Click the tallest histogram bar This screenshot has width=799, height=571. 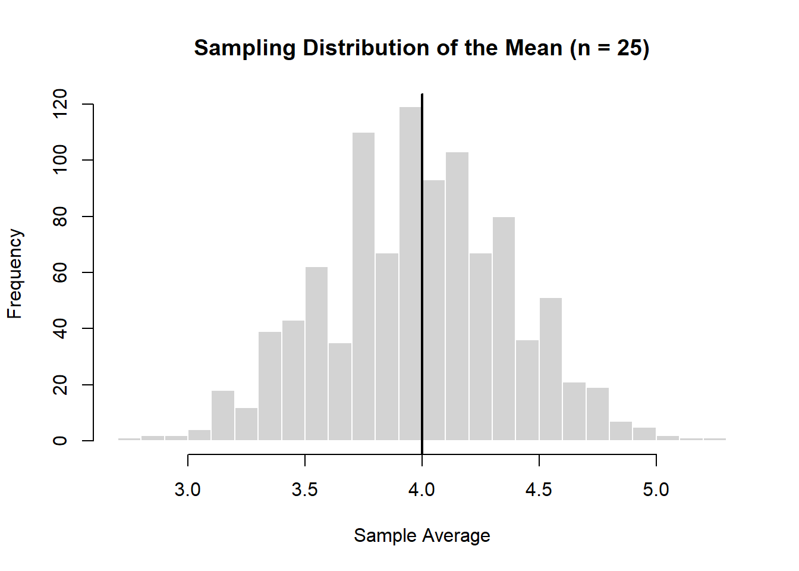410,274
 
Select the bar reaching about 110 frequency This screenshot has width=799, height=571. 363,285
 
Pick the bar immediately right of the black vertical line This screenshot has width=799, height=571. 434,309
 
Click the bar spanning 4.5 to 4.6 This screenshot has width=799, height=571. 551,369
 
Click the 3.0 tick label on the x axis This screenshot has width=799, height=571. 188,490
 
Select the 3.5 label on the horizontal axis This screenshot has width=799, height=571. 305,490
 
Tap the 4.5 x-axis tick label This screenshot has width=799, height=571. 539,490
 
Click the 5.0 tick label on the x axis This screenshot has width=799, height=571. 656,490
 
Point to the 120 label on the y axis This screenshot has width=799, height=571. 60,104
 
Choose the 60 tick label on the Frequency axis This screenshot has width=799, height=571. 60,272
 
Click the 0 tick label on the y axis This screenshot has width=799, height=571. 60,441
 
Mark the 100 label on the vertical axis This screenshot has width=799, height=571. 60,160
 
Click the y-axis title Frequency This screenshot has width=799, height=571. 14,274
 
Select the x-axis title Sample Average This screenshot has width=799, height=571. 421,535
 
